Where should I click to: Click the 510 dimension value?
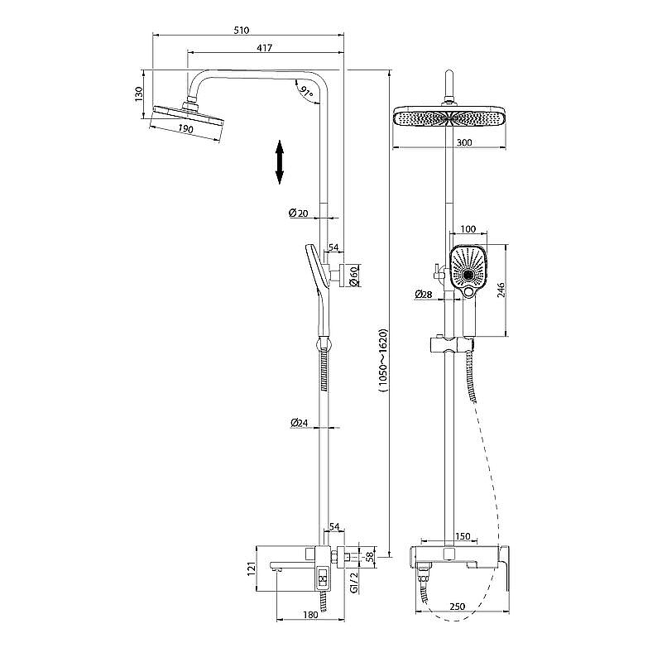click(x=242, y=31)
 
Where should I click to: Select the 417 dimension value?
click(x=265, y=48)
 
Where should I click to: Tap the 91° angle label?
click(x=305, y=92)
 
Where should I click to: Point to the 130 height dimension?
click(x=139, y=94)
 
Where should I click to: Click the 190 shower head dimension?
click(x=185, y=128)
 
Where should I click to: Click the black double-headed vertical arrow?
click(x=279, y=162)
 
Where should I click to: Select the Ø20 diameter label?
click(x=299, y=213)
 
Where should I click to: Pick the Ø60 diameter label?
click(x=355, y=275)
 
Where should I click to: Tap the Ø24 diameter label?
click(x=300, y=422)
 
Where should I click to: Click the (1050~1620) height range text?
click(x=382, y=361)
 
